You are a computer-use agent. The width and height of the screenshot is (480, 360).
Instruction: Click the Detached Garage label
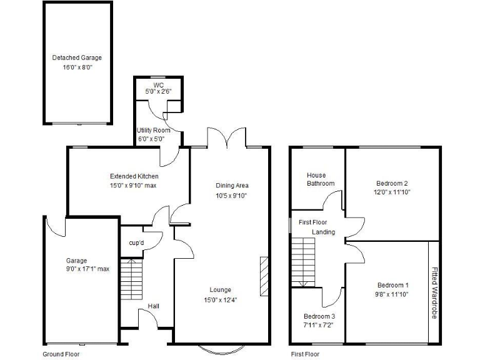77,58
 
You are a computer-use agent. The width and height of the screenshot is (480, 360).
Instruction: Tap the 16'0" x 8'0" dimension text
77,67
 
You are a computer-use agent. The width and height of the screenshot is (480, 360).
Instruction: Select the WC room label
158,84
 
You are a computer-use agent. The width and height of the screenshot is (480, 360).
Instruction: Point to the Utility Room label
154,130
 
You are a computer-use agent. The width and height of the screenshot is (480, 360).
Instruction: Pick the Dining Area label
232,186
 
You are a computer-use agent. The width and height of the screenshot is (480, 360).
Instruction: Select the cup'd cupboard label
136,242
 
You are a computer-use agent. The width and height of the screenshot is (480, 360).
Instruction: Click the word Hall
154,306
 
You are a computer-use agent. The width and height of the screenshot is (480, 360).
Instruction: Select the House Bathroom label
320,179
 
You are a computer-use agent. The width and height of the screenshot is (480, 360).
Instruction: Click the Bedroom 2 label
392,183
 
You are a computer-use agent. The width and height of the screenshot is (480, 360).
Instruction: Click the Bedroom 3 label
319,316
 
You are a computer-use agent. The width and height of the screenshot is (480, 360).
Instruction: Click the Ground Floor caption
61,354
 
